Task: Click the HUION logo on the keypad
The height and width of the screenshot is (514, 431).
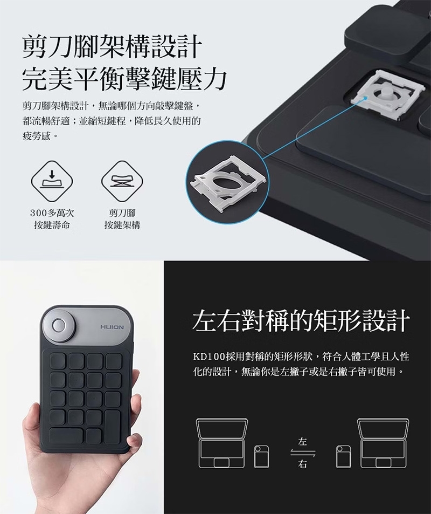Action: click(x=112, y=327)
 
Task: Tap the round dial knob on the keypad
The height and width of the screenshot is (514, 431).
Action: click(x=59, y=325)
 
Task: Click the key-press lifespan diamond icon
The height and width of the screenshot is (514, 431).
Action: click(x=52, y=181)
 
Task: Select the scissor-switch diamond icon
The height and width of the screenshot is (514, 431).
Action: click(x=122, y=181)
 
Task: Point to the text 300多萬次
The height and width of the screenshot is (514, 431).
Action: click(x=52, y=213)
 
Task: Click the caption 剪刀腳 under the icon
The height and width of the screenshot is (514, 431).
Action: click(x=122, y=213)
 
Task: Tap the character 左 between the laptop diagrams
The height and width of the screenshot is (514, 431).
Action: click(x=303, y=442)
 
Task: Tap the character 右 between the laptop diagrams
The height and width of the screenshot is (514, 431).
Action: click(x=303, y=464)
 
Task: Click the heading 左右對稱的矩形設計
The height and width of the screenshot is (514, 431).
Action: click(x=301, y=320)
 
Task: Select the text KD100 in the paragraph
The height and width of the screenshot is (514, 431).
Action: click(x=209, y=357)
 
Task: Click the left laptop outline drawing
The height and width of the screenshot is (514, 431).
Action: click(x=222, y=443)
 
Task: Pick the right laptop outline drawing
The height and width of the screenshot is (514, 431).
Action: click(x=383, y=443)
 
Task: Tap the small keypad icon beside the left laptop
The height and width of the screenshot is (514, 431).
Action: click(x=262, y=456)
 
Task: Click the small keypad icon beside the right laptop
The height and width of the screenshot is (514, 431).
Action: click(x=344, y=456)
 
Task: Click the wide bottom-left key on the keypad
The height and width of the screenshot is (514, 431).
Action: click(x=66, y=436)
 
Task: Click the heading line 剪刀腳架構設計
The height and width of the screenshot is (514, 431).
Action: click(x=112, y=47)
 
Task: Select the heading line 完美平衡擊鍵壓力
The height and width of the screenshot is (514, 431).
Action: click(x=124, y=79)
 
